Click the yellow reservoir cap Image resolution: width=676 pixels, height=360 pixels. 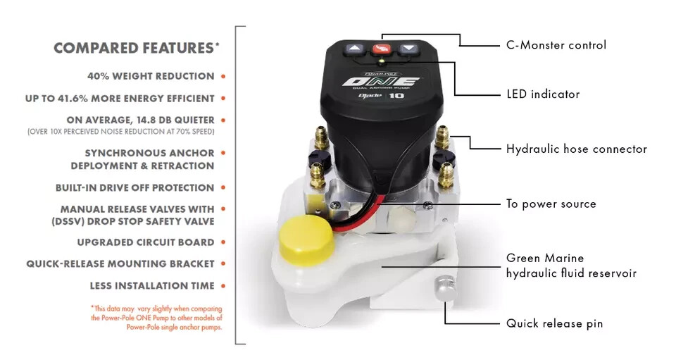tap(306, 240)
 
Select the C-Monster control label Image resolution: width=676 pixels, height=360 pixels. tap(556, 45)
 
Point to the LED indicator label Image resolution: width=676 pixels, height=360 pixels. tap(543, 94)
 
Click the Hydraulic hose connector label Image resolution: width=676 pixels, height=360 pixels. tap(576, 149)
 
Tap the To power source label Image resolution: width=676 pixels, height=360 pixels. tap(551, 204)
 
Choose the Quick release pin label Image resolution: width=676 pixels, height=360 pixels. tap(554, 323)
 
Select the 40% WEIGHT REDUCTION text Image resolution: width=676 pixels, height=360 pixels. tap(151, 76)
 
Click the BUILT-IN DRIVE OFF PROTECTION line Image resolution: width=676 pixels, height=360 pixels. tap(134, 188)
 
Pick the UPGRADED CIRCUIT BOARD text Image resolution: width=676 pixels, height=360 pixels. tap(145, 242)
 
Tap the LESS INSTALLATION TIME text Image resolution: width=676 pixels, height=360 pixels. tap(152, 286)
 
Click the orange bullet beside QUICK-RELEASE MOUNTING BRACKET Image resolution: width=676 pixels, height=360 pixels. tap(223, 264)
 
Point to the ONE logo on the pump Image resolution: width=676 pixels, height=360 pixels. tap(381, 83)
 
